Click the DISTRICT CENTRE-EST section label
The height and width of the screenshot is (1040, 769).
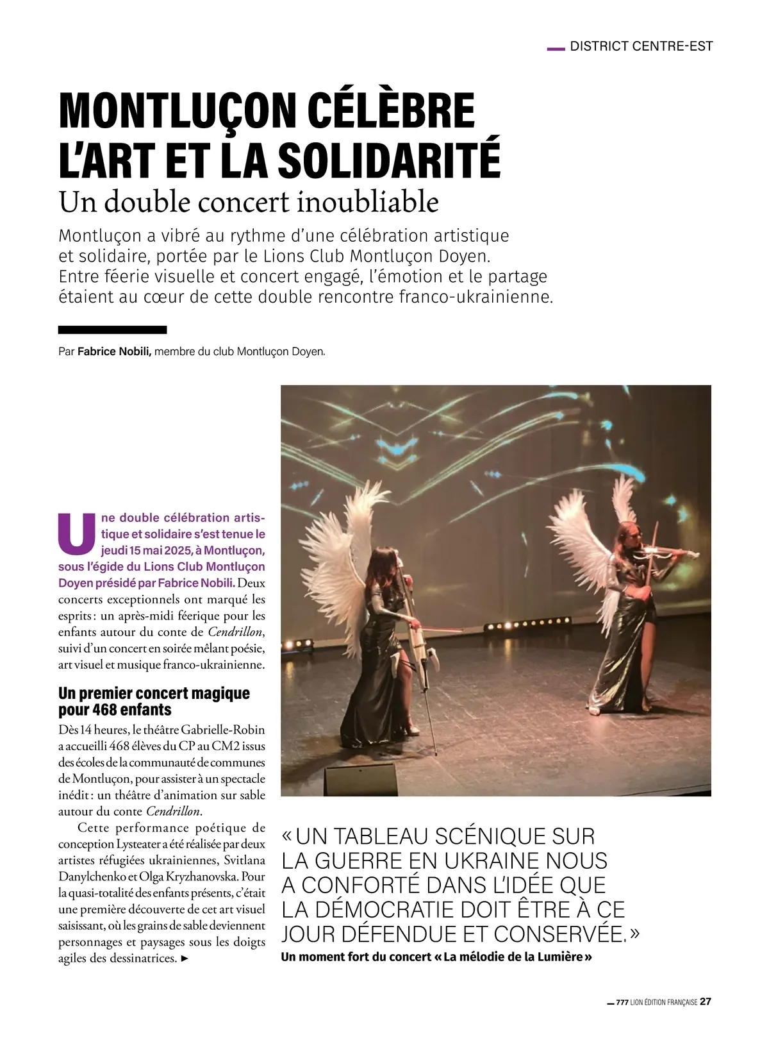tap(641, 46)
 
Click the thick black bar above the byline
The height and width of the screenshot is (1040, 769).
tap(112, 330)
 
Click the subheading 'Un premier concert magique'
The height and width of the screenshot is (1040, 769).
tap(154, 693)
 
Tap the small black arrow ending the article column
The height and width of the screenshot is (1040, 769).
tap(186, 960)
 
